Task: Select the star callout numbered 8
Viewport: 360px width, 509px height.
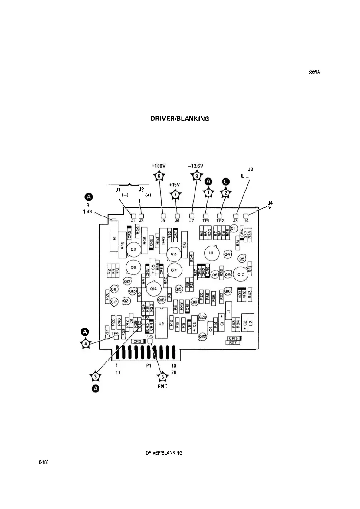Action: pyautogui.click(x=196, y=176)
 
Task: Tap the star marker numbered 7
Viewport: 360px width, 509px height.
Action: pyautogui.click(x=175, y=195)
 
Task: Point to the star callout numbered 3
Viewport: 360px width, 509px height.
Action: pyautogui.click(x=96, y=376)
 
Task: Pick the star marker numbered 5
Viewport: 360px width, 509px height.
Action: pyautogui.click(x=162, y=377)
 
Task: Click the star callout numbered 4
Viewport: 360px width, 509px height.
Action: pyautogui.click(x=86, y=344)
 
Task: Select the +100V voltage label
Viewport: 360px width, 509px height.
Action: pyautogui.click(x=159, y=166)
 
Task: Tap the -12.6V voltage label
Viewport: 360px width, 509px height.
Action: pyautogui.click(x=195, y=166)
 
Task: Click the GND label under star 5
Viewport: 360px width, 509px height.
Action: pyautogui.click(x=162, y=387)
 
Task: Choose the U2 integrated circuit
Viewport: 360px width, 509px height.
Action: pyautogui.click(x=161, y=323)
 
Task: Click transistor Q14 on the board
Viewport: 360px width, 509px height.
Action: pyautogui.click(x=153, y=289)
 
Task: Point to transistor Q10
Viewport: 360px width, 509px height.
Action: pyautogui.click(x=241, y=274)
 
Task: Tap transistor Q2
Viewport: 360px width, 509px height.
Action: pyautogui.click(x=133, y=250)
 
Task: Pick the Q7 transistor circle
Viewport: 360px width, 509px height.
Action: pyautogui.click(x=174, y=270)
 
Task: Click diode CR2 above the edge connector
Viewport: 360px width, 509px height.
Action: pyautogui.click(x=138, y=341)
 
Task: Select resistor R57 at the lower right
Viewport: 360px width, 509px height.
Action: pyautogui.click(x=233, y=342)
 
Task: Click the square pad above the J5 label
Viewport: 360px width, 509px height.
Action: pyautogui.click(x=163, y=216)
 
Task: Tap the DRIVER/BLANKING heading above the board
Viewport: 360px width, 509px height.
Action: pyautogui.click(x=180, y=119)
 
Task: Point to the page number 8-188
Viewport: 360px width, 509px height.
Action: pyautogui.click(x=44, y=463)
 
